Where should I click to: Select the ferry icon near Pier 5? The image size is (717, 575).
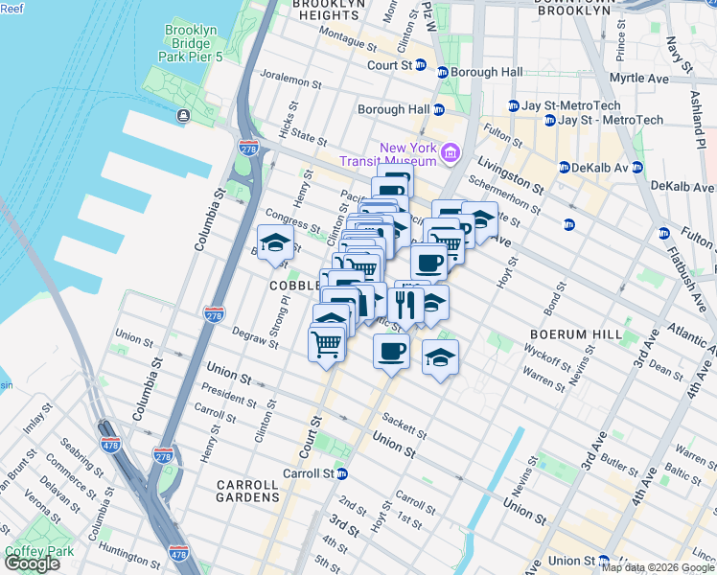[x=182, y=116]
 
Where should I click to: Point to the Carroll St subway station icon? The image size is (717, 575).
[x=340, y=473]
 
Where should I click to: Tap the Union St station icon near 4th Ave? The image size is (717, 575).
[x=604, y=561]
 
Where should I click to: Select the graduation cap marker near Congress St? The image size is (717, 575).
[x=275, y=243]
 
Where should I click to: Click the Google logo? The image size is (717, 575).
[x=32, y=563]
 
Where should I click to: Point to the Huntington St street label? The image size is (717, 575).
[x=127, y=551]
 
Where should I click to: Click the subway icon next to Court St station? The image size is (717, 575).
[x=443, y=73]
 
